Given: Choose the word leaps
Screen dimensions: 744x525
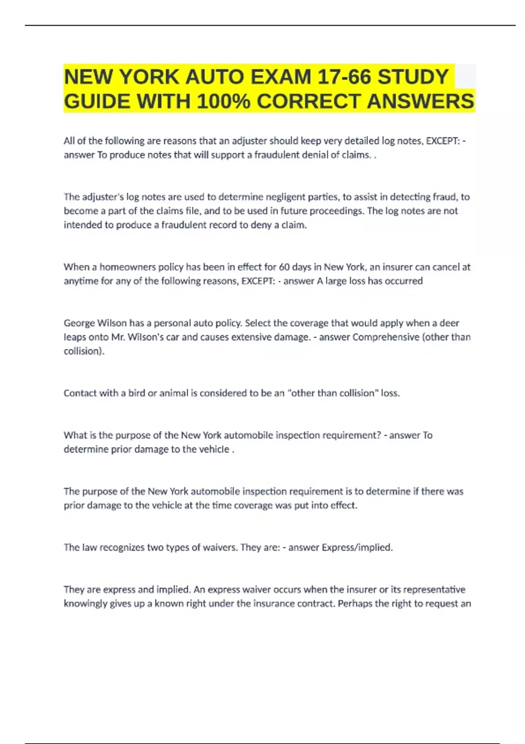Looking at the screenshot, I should tap(75, 337).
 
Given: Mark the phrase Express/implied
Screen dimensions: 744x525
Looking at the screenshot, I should tap(357, 547).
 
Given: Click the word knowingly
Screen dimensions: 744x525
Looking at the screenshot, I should tap(85, 604).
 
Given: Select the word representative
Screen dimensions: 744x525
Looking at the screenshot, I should tap(434, 590).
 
